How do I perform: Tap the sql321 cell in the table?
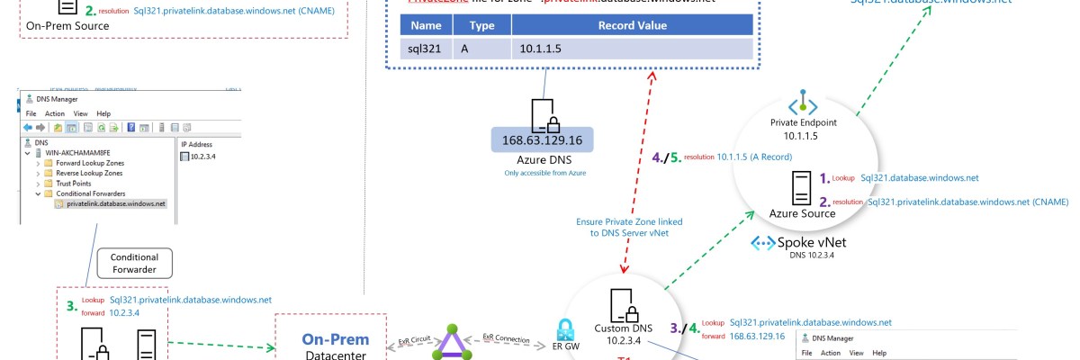[x=425, y=49]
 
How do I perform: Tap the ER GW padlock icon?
[x=566, y=328]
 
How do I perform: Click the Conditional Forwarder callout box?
[x=134, y=263]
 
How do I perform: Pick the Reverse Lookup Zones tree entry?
[x=88, y=173]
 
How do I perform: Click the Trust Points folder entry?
[x=76, y=183]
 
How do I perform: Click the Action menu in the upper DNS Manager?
[x=55, y=113]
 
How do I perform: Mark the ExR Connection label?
[x=505, y=337]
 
